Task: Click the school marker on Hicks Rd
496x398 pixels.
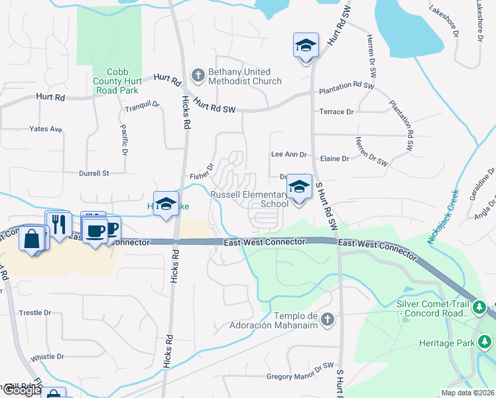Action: (x=166, y=203)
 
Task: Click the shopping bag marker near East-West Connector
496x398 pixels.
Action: (x=32, y=238)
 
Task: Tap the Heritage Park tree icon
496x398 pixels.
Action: (x=485, y=342)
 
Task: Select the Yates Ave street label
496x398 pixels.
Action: (x=46, y=129)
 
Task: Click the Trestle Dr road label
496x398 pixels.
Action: (x=36, y=312)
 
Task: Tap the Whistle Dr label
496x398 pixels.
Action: (x=47, y=356)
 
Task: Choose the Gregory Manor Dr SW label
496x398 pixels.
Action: (x=299, y=376)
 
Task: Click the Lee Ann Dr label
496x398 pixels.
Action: (x=289, y=155)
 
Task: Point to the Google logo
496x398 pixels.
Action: (x=21, y=390)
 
